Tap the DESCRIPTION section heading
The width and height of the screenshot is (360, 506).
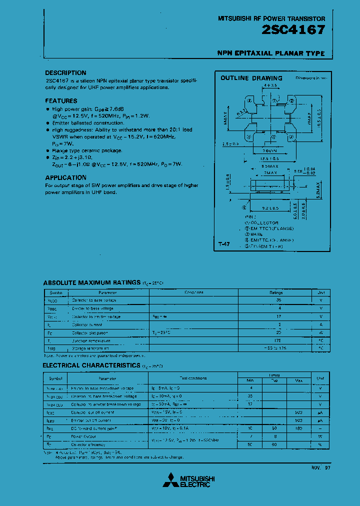coord(65,73)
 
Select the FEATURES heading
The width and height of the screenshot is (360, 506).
coord(61,101)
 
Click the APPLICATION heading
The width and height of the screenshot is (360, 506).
coord(65,177)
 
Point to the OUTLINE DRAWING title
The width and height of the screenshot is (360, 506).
coord(251,78)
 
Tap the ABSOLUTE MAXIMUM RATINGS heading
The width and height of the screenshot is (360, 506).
coord(92,283)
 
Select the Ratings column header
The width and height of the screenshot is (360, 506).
coord(276,292)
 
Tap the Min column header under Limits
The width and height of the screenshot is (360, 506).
coord(250,381)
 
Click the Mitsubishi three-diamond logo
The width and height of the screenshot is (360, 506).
coord(171,480)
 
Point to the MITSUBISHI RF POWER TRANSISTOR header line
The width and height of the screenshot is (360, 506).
coord(271,18)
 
